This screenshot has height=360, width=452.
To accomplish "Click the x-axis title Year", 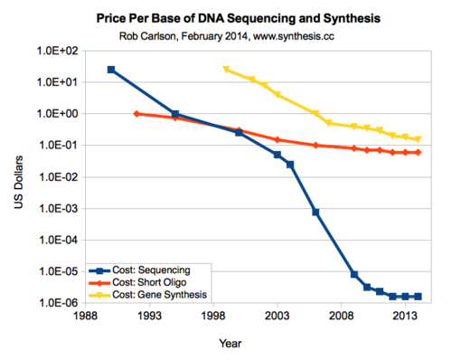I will coord(230,343).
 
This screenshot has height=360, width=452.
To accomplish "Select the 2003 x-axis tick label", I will coord(278,317).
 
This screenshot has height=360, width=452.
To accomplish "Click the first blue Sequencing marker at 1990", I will coord(111,70).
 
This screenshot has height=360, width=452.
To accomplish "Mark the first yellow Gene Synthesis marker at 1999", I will coord(226,70).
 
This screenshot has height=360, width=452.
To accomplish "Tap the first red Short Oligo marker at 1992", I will coord(137,114).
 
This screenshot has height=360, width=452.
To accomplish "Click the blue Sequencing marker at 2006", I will coord(315,212).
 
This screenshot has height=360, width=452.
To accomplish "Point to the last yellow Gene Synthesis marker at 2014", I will coord(418,139).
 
